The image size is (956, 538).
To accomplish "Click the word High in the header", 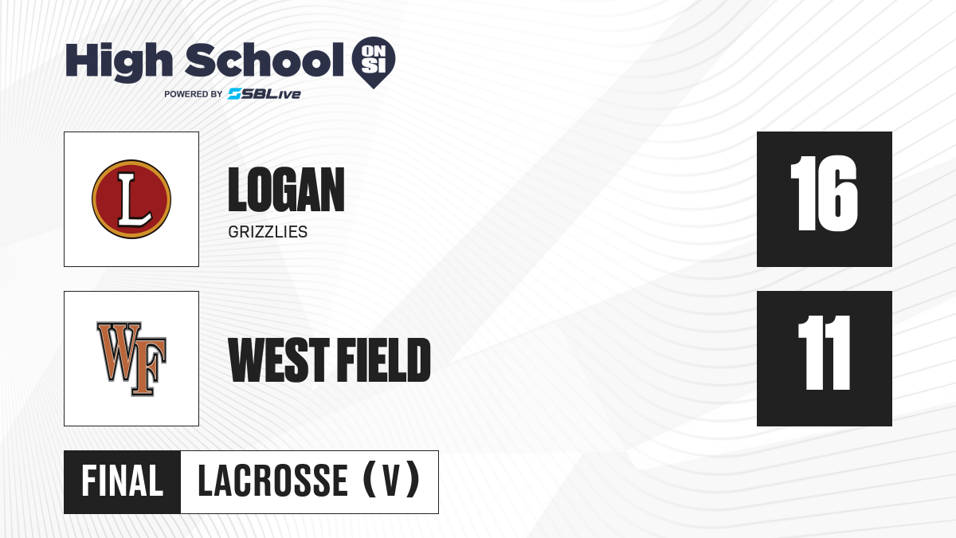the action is click(x=119, y=62).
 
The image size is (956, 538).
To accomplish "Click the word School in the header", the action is click(x=264, y=60).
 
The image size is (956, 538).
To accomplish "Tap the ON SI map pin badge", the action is click(x=374, y=62).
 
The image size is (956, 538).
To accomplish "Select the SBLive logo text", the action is click(x=264, y=94).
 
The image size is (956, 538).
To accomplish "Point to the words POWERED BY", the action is click(x=194, y=94).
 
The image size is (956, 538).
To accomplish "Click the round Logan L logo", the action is click(x=131, y=199).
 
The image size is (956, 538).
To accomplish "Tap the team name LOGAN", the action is click(x=286, y=190).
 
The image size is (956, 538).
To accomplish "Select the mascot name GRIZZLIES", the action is click(x=268, y=232).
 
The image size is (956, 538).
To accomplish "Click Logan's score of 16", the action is click(x=824, y=194).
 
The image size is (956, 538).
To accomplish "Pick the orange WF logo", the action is click(x=131, y=359).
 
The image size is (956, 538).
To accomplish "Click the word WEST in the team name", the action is click(x=279, y=360).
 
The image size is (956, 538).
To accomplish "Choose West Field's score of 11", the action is click(x=824, y=353).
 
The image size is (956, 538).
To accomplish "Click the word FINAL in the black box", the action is click(x=123, y=481).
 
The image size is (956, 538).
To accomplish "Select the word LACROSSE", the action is click(x=273, y=481).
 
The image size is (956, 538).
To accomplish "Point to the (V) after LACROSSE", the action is click(x=391, y=480).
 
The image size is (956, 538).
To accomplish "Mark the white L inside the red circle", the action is click(x=134, y=199).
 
